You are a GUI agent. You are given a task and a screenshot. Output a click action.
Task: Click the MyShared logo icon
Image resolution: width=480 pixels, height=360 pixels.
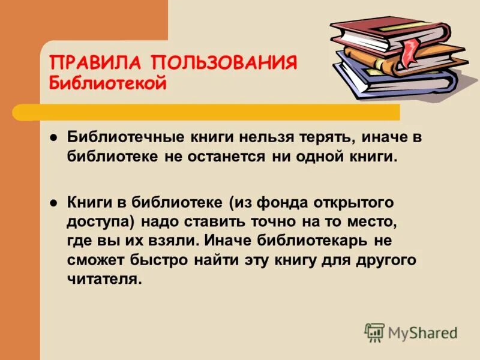[x=374, y=331]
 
